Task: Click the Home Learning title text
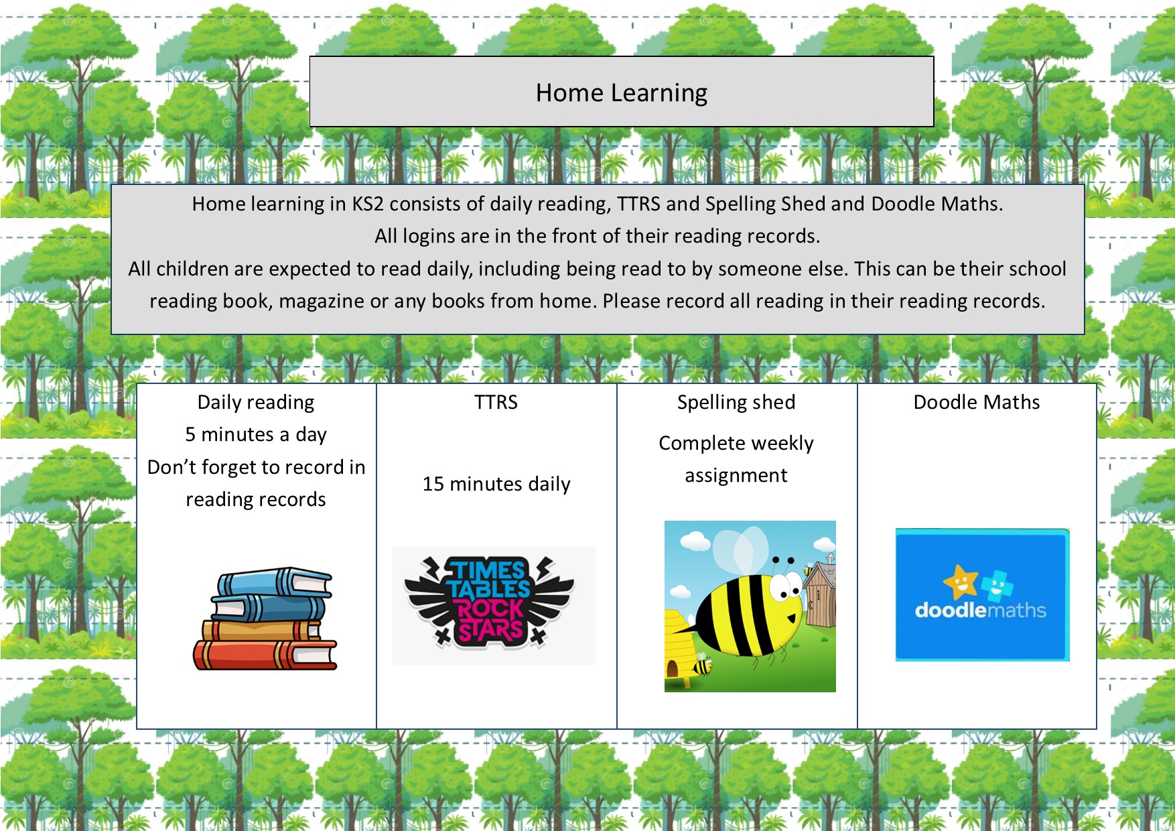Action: pyautogui.click(x=621, y=92)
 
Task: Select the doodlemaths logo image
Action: pyautogui.click(x=982, y=595)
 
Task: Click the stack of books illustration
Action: pyautogui.click(x=265, y=619)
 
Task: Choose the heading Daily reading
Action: pyautogui.click(x=256, y=402)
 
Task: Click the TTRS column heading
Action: pyautogui.click(x=496, y=402)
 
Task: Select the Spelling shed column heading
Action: pyautogui.click(x=736, y=402)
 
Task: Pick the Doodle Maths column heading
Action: pyautogui.click(x=977, y=402)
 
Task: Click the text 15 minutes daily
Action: pyautogui.click(x=496, y=484)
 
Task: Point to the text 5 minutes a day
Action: pyautogui.click(x=256, y=435)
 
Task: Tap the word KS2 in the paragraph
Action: pyautogui.click(x=368, y=204)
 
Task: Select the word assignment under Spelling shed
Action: pyautogui.click(x=736, y=476)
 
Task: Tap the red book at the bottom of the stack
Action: pyautogui.click(x=265, y=655)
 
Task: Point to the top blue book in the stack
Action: pyautogui.click(x=275, y=582)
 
